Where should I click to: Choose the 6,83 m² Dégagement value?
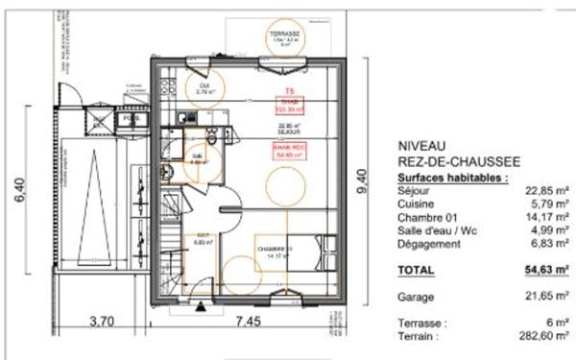[x=541, y=245]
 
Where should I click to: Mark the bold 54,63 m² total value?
[x=539, y=271]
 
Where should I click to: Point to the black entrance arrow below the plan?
[x=199, y=306]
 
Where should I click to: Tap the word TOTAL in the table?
[x=417, y=271]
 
